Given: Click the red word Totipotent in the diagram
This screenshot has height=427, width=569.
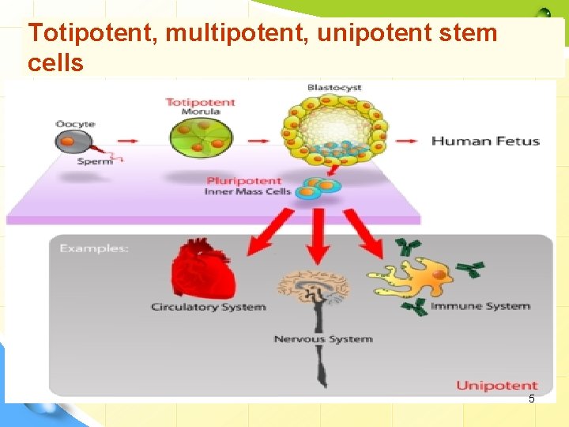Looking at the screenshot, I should click(x=200, y=103).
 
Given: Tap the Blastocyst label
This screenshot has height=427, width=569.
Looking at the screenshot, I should click(x=335, y=87).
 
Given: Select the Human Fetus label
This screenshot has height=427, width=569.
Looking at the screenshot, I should click(x=485, y=142).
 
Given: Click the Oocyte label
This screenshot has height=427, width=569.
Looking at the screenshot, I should click(x=76, y=124).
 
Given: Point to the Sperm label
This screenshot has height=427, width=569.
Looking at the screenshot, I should click(x=95, y=161).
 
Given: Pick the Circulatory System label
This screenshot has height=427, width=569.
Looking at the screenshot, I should click(x=209, y=307).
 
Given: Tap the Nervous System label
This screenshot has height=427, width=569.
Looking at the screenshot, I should click(x=323, y=339).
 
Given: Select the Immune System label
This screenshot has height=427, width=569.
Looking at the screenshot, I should click(x=480, y=306).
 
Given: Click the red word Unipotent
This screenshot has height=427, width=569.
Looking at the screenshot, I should click(x=496, y=386).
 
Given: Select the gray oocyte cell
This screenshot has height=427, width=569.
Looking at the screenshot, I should click(x=71, y=142).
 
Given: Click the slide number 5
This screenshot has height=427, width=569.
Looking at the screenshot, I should click(x=531, y=399).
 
